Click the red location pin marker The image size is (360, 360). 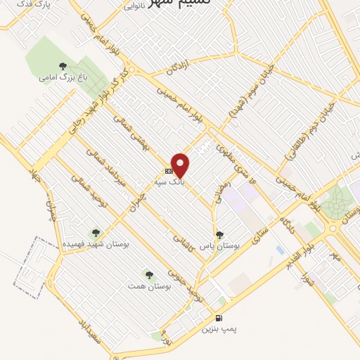[181, 165]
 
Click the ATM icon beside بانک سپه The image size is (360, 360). [169, 171]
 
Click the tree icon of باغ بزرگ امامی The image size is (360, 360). [63, 67]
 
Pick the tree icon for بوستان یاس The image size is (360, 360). [219, 236]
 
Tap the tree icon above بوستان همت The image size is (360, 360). [148, 274]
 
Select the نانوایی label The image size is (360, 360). [135, 6]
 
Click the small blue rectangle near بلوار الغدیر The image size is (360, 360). [281, 250]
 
